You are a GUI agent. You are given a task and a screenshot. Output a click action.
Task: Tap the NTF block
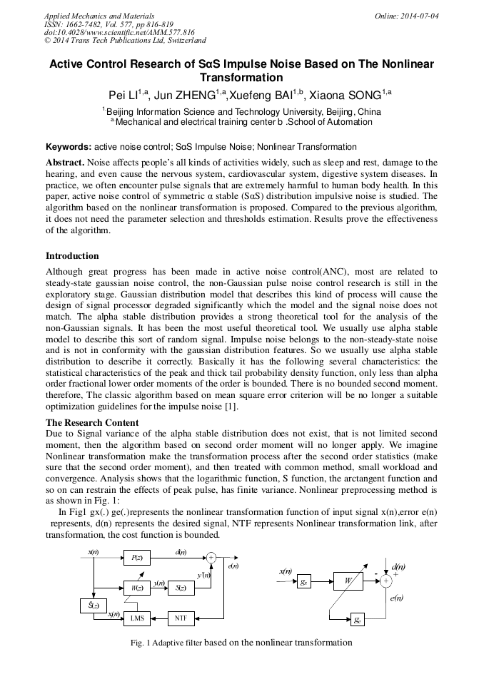(180, 617)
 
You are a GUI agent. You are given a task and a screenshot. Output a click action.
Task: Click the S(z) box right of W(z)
(181, 588)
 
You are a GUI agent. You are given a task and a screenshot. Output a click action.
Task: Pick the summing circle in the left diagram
(211, 557)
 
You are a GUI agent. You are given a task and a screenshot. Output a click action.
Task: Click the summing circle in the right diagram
(386, 581)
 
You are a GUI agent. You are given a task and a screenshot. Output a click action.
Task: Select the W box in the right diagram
(348, 581)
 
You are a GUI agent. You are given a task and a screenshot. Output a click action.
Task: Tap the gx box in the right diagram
(304, 581)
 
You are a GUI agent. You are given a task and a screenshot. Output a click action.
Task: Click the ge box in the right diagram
(357, 619)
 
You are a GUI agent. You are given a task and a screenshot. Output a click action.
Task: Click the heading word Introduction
(72, 256)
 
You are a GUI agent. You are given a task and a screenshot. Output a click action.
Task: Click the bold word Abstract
(64, 163)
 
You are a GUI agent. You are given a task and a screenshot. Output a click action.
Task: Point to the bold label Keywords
(69, 147)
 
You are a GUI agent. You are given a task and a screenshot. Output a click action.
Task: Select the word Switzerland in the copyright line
(184, 41)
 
